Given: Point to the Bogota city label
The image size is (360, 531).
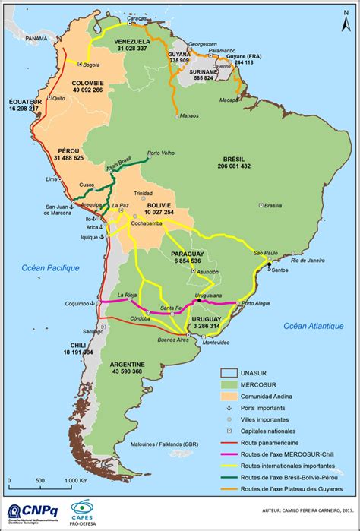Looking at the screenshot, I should pyautogui.click(x=92, y=65).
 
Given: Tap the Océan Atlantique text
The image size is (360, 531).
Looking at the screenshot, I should pyautogui.click(x=314, y=326).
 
